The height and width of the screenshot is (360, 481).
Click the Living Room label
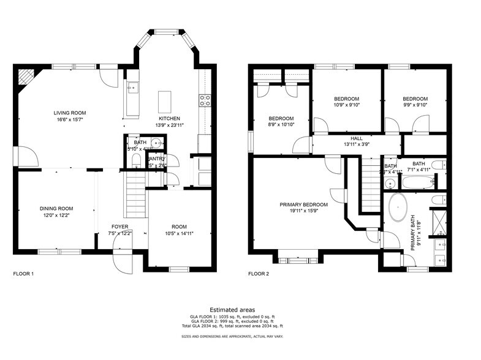[x=69, y=113]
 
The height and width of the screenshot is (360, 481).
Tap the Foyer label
[x=119, y=226]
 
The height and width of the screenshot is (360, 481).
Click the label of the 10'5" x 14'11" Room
[x=179, y=226]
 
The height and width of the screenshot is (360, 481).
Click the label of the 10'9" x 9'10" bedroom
[x=346, y=99]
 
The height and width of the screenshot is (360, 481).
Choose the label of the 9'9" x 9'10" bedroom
[x=415, y=99]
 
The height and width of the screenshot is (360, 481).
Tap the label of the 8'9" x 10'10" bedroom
[x=281, y=118]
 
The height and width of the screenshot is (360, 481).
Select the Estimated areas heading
[x=232, y=310]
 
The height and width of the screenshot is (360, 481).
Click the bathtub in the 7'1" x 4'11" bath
[x=418, y=182]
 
